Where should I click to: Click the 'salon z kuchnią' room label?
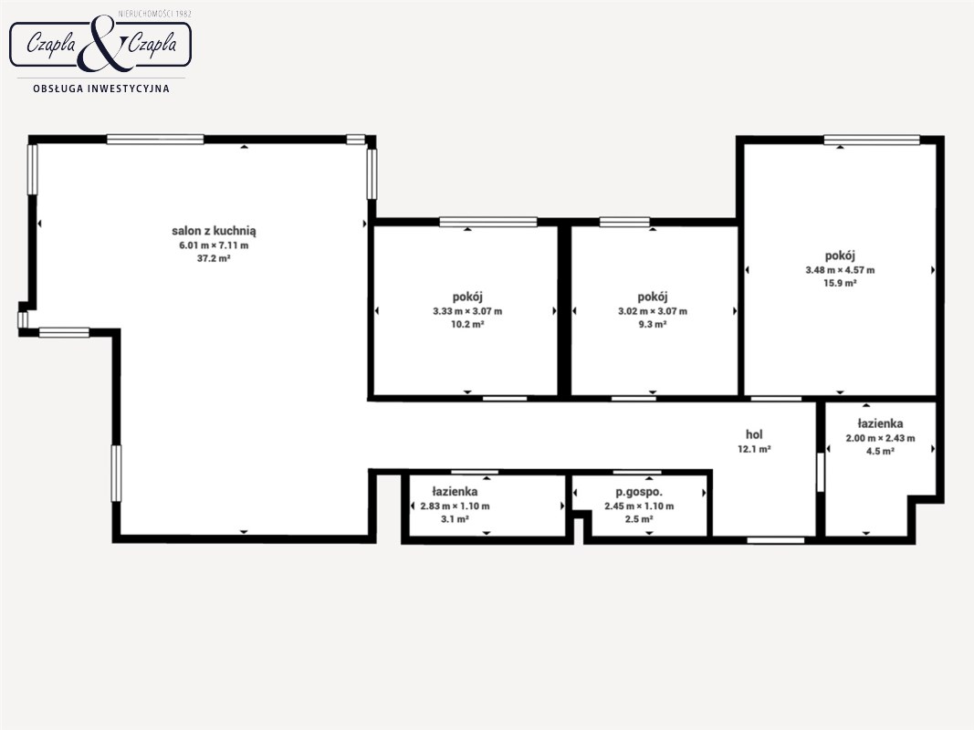[x=214, y=231]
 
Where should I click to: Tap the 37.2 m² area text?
[x=214, y=258]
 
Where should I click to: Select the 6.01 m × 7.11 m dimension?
[x=214, y=245]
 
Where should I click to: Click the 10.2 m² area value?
[x=467, y=324]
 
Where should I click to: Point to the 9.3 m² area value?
[x=653, y=324]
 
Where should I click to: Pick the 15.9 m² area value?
[x=840, y=283]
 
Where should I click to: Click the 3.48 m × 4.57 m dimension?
[x=840, y=270]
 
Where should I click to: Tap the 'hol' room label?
[x=754, y=434]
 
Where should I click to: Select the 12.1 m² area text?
[x=754, y=449]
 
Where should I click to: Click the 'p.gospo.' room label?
[x=639, y=492]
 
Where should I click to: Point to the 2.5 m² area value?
[x=639, y=519]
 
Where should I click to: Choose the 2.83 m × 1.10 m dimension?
[x=455, y=506]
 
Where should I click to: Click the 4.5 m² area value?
[x=880, y=452]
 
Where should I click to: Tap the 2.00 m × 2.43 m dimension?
[x=880, y=438]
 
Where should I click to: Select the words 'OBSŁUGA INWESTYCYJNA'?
[x=101, y=89]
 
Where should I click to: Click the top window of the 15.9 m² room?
[x=872, y=141]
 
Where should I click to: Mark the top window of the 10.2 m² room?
[x=488, y=222]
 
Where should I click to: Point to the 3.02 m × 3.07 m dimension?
[x=653, y=311]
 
